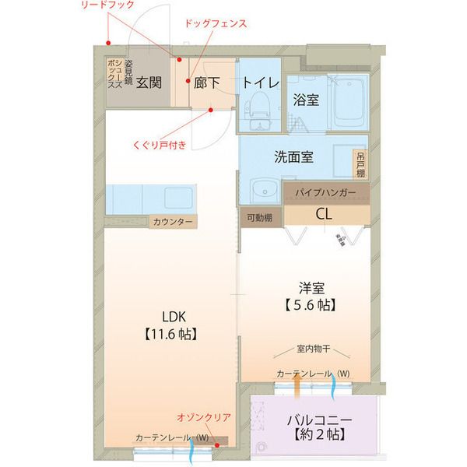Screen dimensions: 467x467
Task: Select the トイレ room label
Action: point(257,81)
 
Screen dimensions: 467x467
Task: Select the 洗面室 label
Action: point(293,156)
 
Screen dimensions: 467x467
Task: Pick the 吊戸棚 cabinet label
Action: point(360,165)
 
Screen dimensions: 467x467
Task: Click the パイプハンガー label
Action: point(325,191)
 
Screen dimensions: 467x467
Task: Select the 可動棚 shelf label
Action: point(259,218)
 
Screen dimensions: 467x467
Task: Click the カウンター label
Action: point(173,222)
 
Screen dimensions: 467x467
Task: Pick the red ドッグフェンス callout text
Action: point(216,24)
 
